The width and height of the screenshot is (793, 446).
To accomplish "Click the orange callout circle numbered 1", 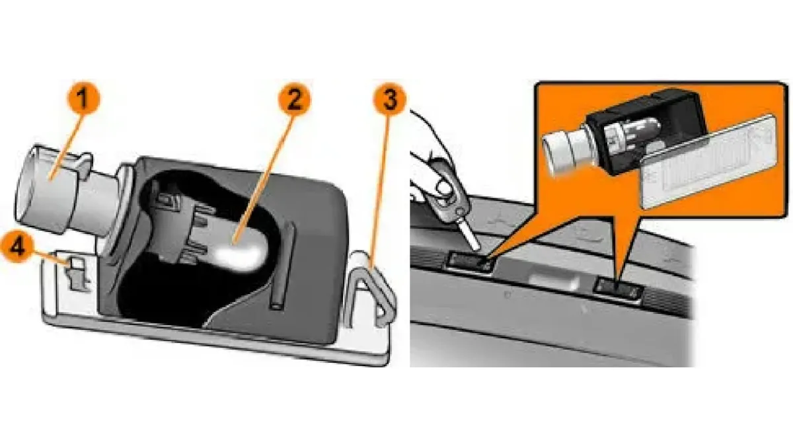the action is click(83, 98).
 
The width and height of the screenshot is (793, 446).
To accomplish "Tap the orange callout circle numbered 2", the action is click(294, 99).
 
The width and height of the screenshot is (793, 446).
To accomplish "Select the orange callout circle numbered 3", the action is click(389, 99).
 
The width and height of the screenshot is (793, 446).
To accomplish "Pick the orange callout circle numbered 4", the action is click(17, 246).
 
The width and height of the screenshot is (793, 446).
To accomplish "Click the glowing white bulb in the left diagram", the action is click(241, 252).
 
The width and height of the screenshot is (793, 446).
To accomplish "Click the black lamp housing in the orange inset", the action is click(648, 131).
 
